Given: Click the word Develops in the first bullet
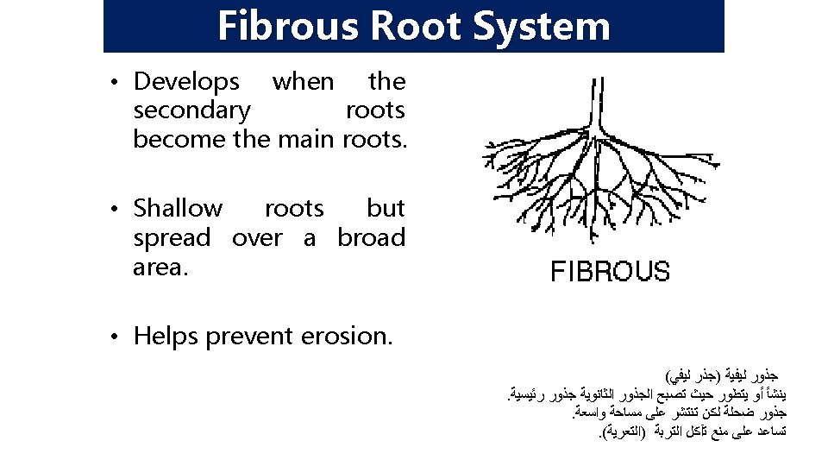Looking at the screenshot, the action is click(186, 83).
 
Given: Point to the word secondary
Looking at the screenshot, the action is click(192, 110).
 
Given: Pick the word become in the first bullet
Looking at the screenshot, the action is click(179, 138).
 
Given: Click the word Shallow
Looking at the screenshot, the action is click(178, 209).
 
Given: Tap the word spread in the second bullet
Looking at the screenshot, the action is click(172, 238).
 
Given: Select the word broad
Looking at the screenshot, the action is click(371, 238).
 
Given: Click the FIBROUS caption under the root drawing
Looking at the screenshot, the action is click(610, 272).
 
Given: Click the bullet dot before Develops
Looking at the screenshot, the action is click(115, 83).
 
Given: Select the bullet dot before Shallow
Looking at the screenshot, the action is click(115, 210).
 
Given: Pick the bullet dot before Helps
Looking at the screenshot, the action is click(115, 336).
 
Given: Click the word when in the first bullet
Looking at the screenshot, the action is click(303, 82).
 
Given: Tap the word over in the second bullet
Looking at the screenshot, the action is click(257, 238).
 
